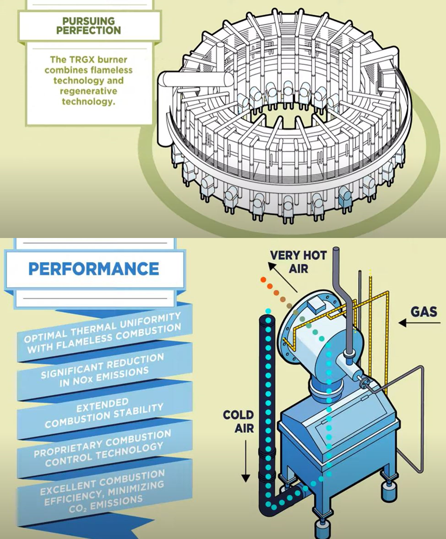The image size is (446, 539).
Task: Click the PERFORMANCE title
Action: (93, 269)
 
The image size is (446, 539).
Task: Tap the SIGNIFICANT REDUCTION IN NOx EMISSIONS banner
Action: (102, 370)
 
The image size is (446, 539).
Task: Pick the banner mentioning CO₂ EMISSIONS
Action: (102, 489)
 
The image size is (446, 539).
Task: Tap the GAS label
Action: (424, 312)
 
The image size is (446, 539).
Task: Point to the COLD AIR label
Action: (238, 422)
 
